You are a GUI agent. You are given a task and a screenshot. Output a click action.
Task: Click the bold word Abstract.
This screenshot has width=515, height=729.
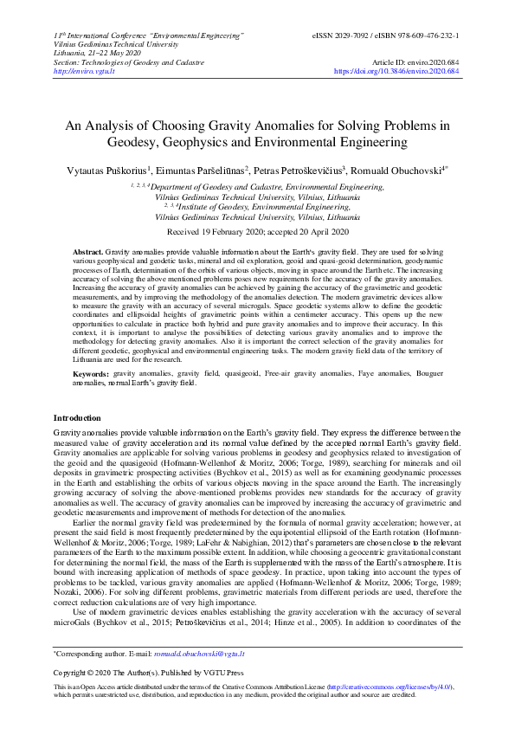click(x=87, y=249)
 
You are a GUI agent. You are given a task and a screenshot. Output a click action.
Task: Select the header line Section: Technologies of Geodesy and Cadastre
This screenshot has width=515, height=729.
click(x=129, y=62)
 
